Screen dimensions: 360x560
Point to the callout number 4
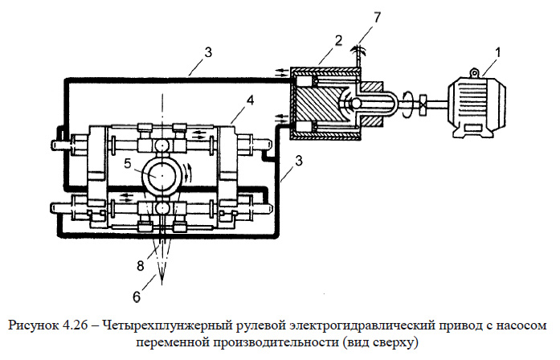250,101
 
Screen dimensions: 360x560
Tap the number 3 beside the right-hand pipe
299,162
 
